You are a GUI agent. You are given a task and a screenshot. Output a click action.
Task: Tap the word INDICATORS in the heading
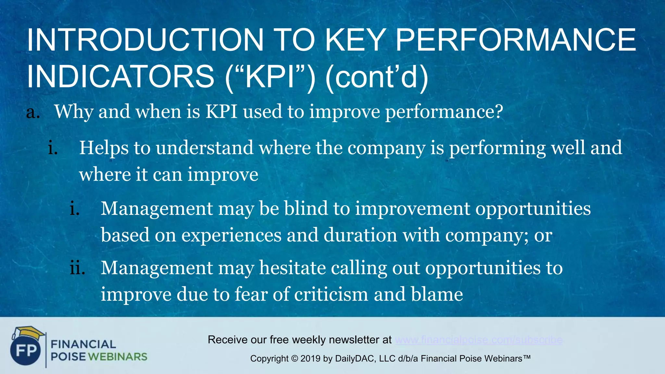click(x=120, y=77)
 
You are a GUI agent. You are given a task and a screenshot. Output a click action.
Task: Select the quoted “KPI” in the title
click(x=270, y=77)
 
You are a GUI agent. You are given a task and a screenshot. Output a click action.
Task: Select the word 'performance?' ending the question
click(x=444, y=112)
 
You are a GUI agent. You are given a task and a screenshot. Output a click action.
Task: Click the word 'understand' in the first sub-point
click(x=205, y=148)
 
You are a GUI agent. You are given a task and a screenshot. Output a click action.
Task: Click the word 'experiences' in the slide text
click(x=231, y=235)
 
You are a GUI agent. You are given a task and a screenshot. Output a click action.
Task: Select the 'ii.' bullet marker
click(x=77, y=268)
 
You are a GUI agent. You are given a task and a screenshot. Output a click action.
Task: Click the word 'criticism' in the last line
click(x=331, y=294)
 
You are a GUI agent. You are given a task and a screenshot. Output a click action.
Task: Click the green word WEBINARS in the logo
click(x=118, y=357)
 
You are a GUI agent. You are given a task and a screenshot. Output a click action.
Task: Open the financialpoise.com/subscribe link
click(x=479, y=340)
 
